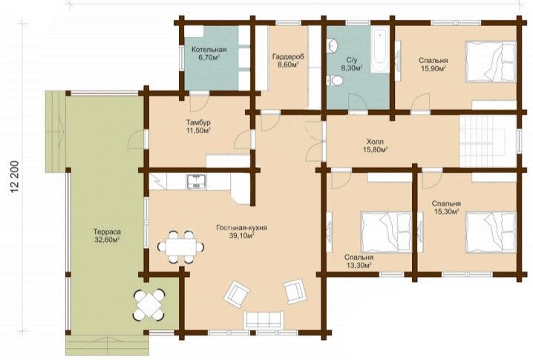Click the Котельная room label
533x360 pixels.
[209, 50]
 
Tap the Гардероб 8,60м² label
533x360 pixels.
[288, 61]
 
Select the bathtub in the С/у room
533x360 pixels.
[379, 50]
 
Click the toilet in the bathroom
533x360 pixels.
[335, 81]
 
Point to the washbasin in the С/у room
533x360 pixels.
[333, 46]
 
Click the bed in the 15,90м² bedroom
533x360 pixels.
[490, 62]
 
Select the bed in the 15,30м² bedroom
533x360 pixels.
[491, 232]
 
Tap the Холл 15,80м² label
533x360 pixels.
[376, 145]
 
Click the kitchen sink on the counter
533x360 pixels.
[196, 182]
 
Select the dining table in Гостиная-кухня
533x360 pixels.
[181, 246]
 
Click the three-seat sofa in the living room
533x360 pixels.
[264, 320]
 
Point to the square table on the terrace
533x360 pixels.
[149, 304]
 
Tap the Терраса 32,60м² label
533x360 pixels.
[107, 236]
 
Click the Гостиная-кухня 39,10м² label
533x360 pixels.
[241, 232]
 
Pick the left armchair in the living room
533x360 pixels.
[237, 295]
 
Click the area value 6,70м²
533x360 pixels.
[209, 57]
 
